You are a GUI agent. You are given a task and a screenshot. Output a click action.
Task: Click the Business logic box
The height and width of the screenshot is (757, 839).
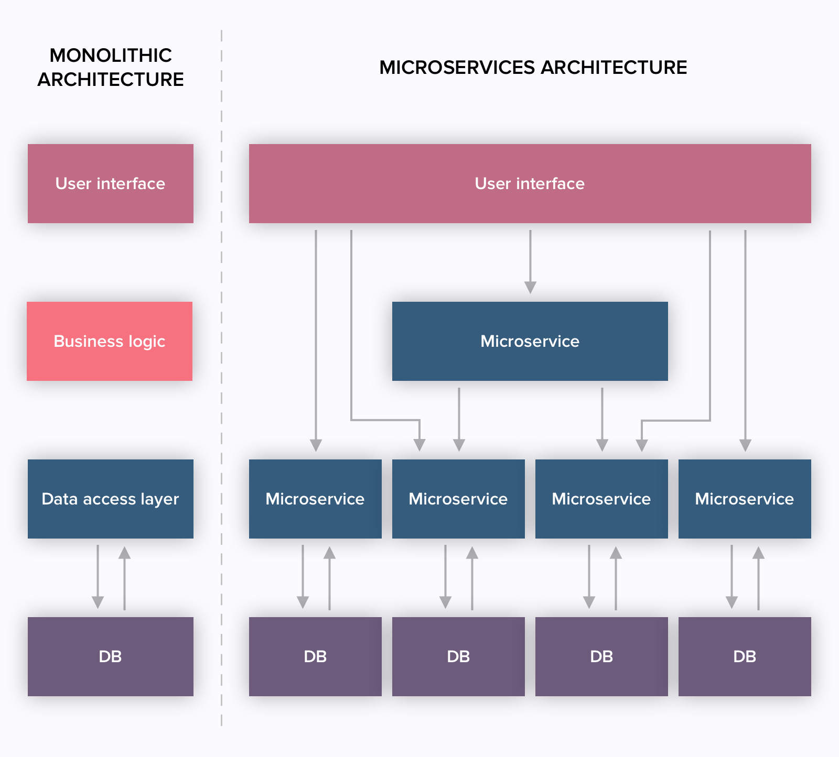[x=110, y=341]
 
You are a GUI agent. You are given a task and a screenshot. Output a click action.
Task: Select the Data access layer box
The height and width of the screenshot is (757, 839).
[x=110, y=499]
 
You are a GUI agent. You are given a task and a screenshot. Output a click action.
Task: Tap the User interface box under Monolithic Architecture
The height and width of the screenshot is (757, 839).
[x=110, y=183]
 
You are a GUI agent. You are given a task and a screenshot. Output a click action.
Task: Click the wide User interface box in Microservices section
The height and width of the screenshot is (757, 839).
[x=530, y=183]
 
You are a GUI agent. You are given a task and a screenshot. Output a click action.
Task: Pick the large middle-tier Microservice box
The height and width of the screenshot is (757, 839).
[x=530, y=341]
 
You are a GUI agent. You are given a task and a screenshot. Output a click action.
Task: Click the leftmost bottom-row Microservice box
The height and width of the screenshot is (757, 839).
[x=315, y=499]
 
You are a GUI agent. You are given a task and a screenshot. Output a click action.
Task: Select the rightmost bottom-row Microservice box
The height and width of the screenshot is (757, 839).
[x=745, y=499]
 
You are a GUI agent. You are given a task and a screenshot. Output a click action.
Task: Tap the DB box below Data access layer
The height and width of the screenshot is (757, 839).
[x=110, y=656]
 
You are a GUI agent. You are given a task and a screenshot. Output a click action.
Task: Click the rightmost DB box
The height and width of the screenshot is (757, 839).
[x=745, y=656]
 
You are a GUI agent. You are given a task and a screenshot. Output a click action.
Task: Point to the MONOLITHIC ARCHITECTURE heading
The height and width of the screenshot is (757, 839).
[x=111, y=67]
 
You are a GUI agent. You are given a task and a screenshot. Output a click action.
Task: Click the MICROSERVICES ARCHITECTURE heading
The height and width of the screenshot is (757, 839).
[x=533, y=67]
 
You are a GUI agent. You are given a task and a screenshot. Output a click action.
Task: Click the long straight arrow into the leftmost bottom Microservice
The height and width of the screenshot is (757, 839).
[x=316, y=341]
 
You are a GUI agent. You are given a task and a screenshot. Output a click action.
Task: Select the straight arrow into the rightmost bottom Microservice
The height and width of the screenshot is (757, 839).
[x=745, y=341]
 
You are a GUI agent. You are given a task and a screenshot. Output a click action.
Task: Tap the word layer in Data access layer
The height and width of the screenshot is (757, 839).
[x=159, y=499]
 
